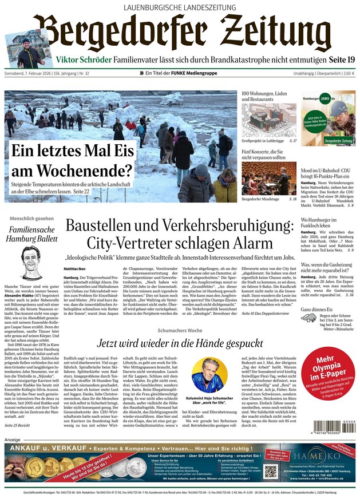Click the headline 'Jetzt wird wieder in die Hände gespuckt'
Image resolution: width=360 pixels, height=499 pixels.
tap(180, 344)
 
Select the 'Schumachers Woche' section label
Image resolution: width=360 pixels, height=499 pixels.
tap(180, 331)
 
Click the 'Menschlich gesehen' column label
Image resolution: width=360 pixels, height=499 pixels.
tap(32, 219)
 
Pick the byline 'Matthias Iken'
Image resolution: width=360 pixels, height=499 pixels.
tap(75, 268)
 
